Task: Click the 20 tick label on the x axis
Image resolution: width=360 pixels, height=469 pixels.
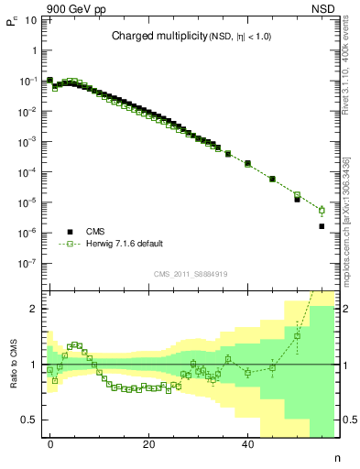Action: point(149,443)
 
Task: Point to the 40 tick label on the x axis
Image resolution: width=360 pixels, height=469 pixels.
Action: point(247,443)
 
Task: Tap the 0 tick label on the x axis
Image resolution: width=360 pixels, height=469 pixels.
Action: point(50,443)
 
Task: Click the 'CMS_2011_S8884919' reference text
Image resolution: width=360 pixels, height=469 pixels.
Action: point(190,273)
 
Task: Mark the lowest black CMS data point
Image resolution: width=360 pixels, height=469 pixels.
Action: point(322,226)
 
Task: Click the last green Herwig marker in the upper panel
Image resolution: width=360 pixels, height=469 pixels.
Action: point(322,210)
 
